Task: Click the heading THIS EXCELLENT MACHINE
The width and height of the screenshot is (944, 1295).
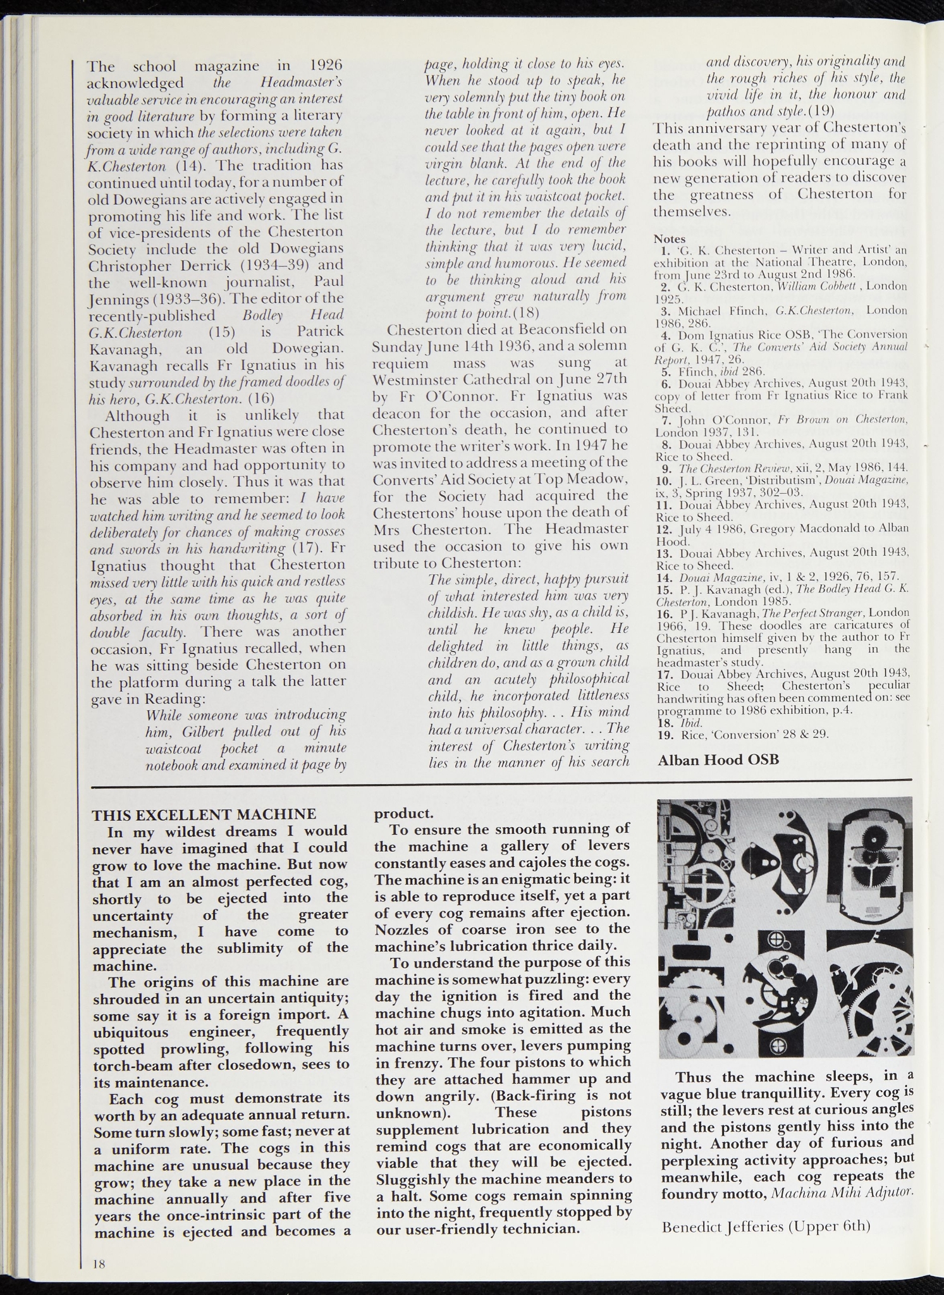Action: (204, 814)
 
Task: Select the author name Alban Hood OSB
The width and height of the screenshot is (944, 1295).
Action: (718, 759)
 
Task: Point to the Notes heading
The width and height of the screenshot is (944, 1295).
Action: (670, 239)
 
